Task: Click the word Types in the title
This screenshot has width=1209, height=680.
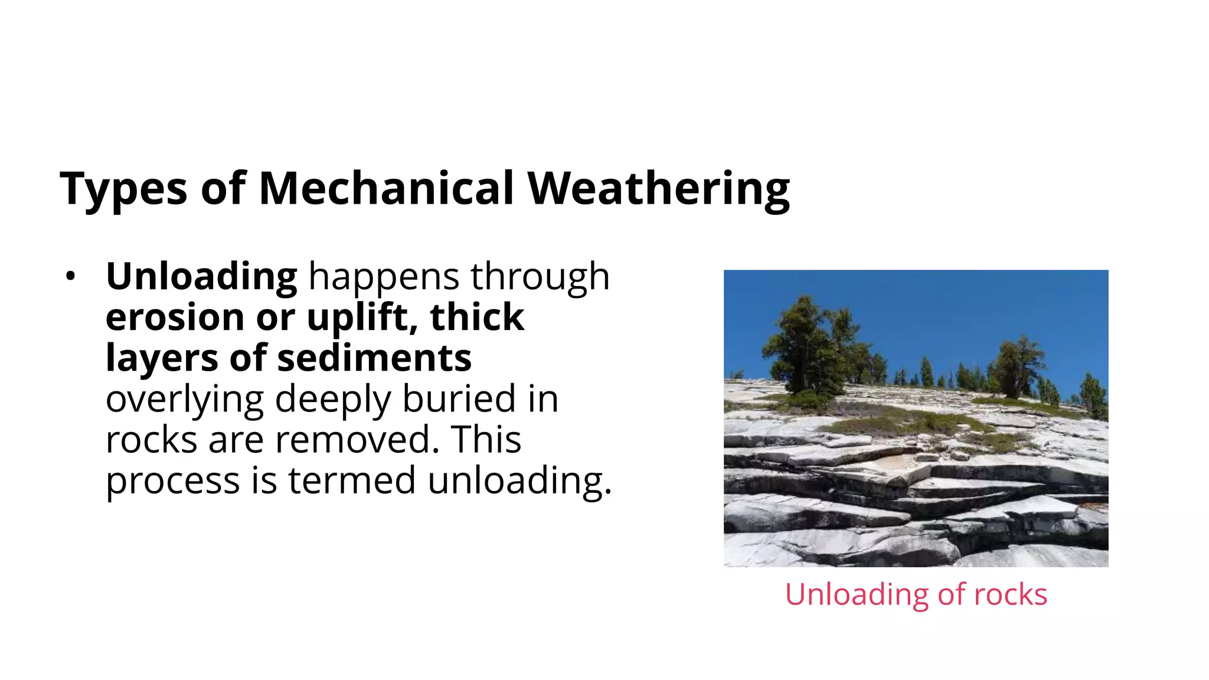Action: point(123,189)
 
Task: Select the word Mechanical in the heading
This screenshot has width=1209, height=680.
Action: point(386,189)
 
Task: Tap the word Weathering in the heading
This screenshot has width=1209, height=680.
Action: point(658,189)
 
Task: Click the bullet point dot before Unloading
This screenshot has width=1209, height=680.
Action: point(71,276)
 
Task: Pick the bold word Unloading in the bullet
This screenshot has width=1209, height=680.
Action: point(201,277)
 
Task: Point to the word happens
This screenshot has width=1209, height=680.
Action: point(383,277)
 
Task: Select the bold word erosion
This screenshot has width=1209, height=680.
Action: point(175,317)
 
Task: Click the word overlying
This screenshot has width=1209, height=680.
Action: point(184,399)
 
